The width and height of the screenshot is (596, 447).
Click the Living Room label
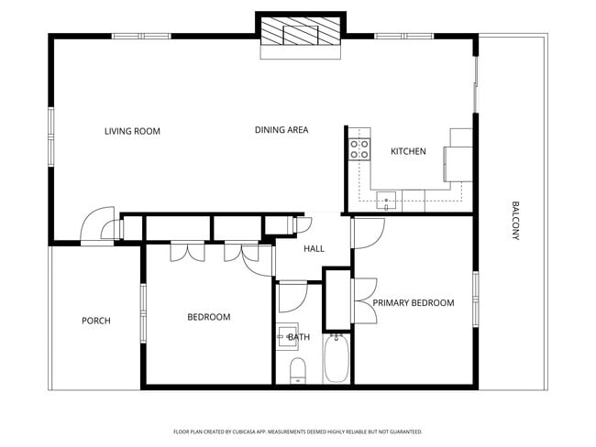click(132, 131)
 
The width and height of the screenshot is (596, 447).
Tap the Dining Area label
click(281, 130)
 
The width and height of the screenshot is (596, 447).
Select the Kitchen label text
click(408, 151)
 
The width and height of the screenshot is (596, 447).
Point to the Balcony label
click(515, 221)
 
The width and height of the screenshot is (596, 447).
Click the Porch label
click(96, 321)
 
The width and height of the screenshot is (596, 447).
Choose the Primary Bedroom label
click(414, 302)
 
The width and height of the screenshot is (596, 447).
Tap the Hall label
click(314, 248)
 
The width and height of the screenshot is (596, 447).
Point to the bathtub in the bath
click(337, 361)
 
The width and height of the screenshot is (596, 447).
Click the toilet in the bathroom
click(297, 370)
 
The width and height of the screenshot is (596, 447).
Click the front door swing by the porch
click(95, 224)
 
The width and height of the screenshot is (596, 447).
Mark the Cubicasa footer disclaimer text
click(297, 431)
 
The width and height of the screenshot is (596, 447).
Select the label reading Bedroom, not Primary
click(208, 317)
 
